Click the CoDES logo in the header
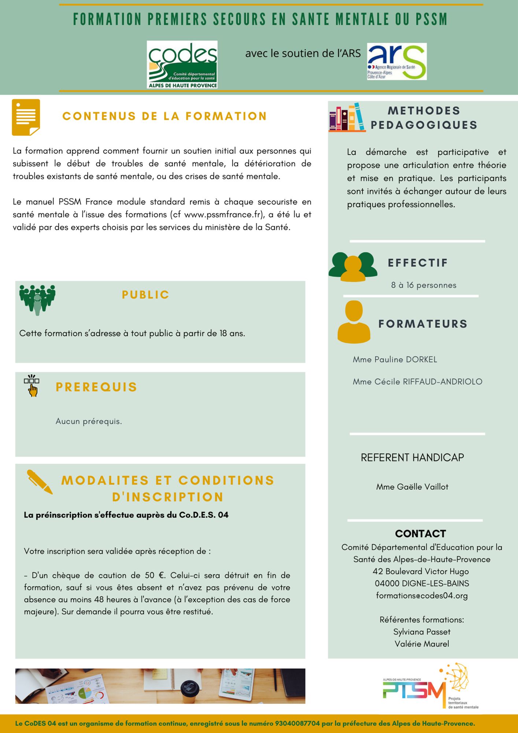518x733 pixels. tap(182, 65)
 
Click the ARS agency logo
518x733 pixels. tap(397, 62)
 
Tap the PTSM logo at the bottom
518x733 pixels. tap(430, 687)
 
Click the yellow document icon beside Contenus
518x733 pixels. tap(26, 117)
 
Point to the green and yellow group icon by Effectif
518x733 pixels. tap(353, 266)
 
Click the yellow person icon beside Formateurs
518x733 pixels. tap(354, 322)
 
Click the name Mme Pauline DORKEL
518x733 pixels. tap(395, 360)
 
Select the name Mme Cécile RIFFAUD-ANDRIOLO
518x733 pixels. tap(417, 382)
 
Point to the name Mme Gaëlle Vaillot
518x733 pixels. tap(412, 487)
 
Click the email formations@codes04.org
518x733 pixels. tap(422, 596)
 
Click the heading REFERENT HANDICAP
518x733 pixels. tap(412, 458)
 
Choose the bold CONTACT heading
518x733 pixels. tap(421, 534)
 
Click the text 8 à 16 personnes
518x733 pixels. tap(423, 285)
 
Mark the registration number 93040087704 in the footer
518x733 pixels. tap(297, 724)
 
